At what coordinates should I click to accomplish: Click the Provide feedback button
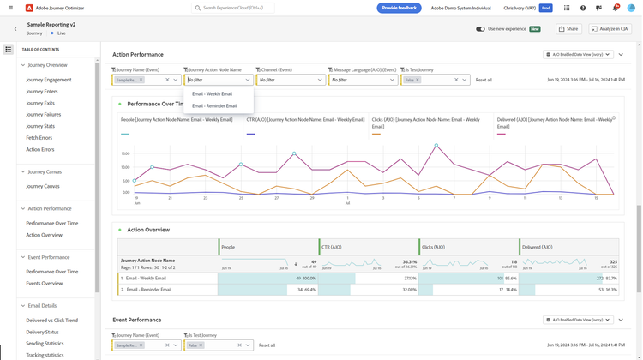click(399, 8)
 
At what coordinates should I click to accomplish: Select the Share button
click(568, 29)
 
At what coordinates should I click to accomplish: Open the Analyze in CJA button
click(610, 29)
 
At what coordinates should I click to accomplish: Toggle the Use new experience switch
click(480, 29)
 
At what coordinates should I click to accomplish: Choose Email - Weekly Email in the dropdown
click(213, 93)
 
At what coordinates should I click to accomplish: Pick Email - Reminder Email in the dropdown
click(214, 106)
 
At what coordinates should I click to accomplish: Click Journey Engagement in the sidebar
click(49, 80)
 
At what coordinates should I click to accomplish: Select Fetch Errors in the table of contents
click(39, 138)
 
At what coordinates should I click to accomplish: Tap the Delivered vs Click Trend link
click(51, 321)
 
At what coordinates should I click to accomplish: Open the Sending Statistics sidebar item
click(45, 344)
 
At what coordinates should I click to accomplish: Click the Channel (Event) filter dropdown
click(290, 80)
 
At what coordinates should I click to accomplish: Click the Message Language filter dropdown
click(363, 80)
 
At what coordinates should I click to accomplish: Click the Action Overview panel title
click(148, 230)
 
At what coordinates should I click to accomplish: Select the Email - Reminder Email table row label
click(151, 290)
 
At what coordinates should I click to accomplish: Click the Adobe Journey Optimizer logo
click(29, 8)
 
